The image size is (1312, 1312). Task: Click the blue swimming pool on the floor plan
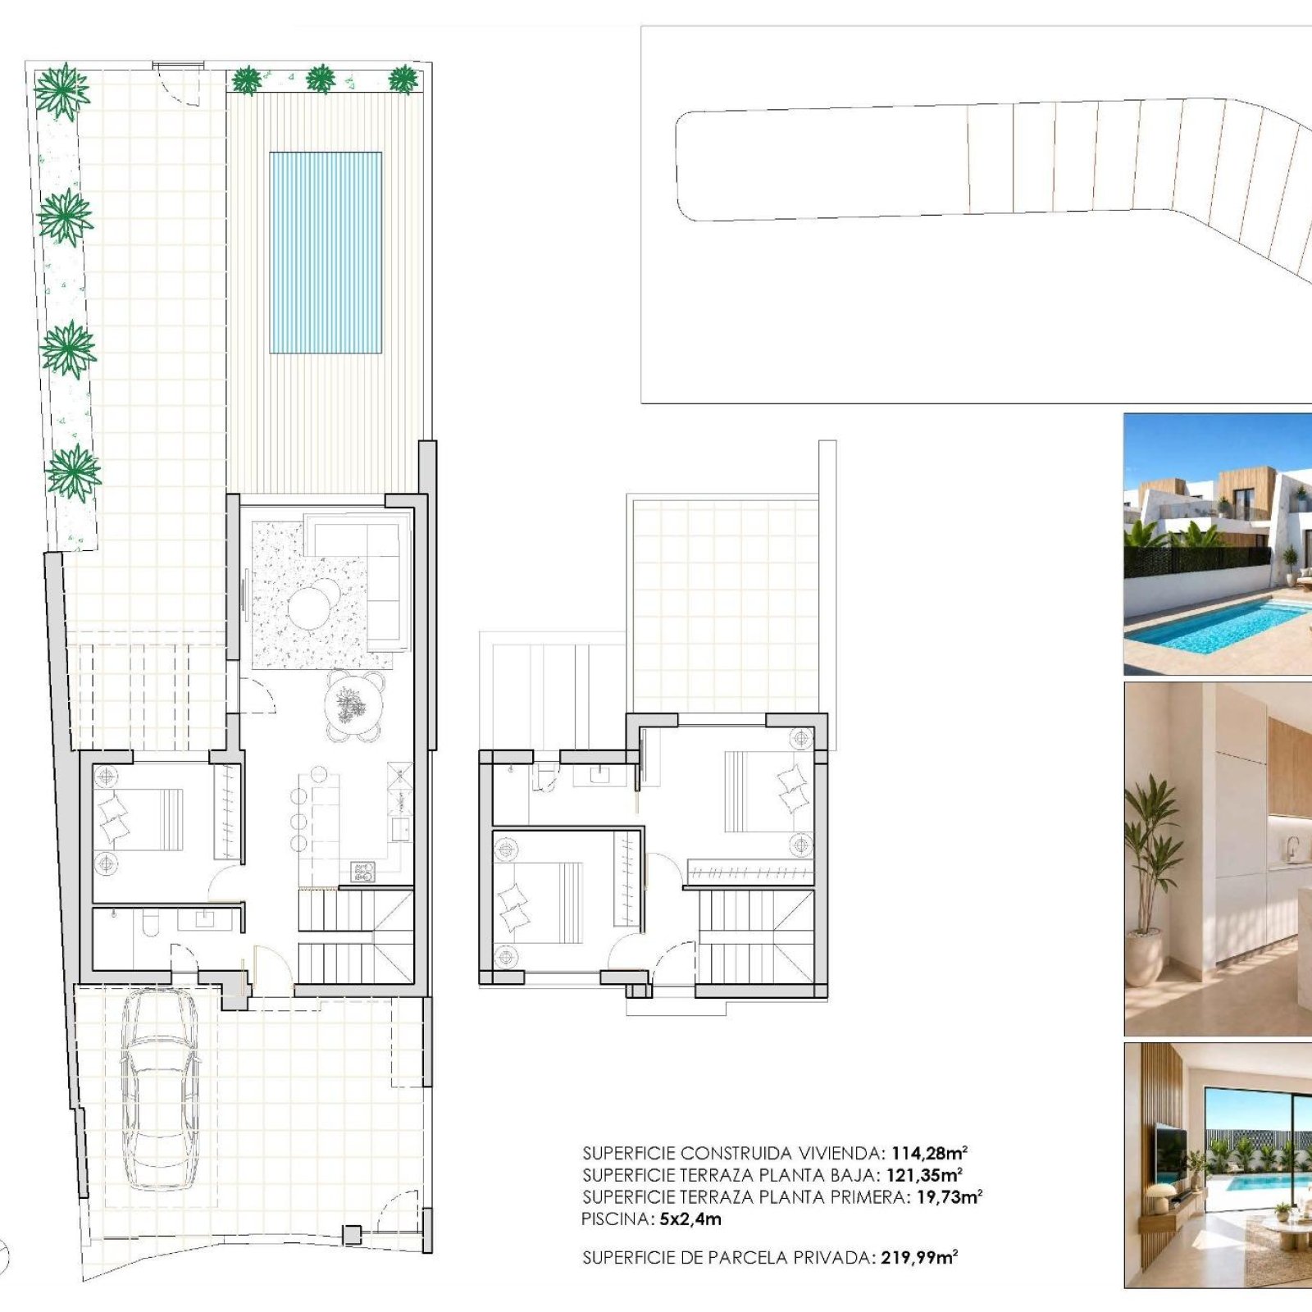coord(326,253)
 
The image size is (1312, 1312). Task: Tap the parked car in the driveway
coord(160,1089)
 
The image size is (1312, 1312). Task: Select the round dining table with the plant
coord(354,705)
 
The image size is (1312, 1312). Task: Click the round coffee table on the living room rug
coord(312,608)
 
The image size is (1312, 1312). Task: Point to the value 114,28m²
coord(930,1153)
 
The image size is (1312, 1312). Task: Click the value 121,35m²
coord(924,1175)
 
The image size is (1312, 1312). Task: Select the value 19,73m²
coord(950,1197)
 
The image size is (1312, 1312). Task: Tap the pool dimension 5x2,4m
coord(690,1219)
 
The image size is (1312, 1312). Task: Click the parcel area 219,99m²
coord(919,1257)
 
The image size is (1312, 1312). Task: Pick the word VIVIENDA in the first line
coord(844,1153)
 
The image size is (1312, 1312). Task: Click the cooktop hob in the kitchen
coord(363,871)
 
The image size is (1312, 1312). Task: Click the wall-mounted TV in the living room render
coord(1171,1153)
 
